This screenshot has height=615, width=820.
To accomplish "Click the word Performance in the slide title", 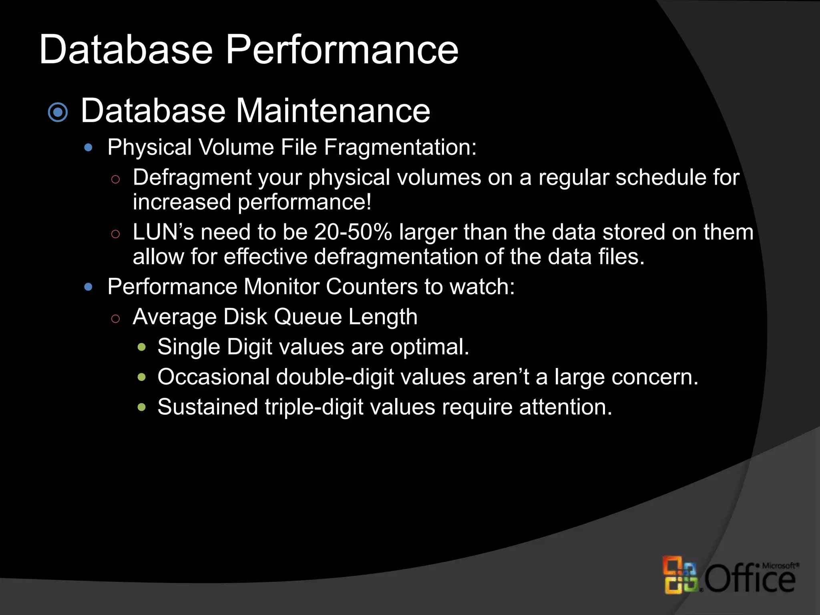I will [x=342, y=50].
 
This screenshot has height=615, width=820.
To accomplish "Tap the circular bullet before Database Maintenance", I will [x=58, y=113].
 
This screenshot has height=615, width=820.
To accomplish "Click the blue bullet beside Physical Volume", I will [x=88, y=148].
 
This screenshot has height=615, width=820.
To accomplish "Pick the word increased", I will [x=182, y=202].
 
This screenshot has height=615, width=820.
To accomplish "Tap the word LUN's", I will [x=163, y=232].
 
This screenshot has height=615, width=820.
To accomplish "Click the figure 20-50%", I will [x=353, y=232].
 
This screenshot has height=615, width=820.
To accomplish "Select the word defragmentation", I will [x=396, y=257].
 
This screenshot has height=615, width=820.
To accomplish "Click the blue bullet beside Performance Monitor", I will [x=88, y=287].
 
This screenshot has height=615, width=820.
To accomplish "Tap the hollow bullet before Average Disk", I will [x=115, y=319].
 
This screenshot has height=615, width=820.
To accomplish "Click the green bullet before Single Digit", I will [x=141, y=347].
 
